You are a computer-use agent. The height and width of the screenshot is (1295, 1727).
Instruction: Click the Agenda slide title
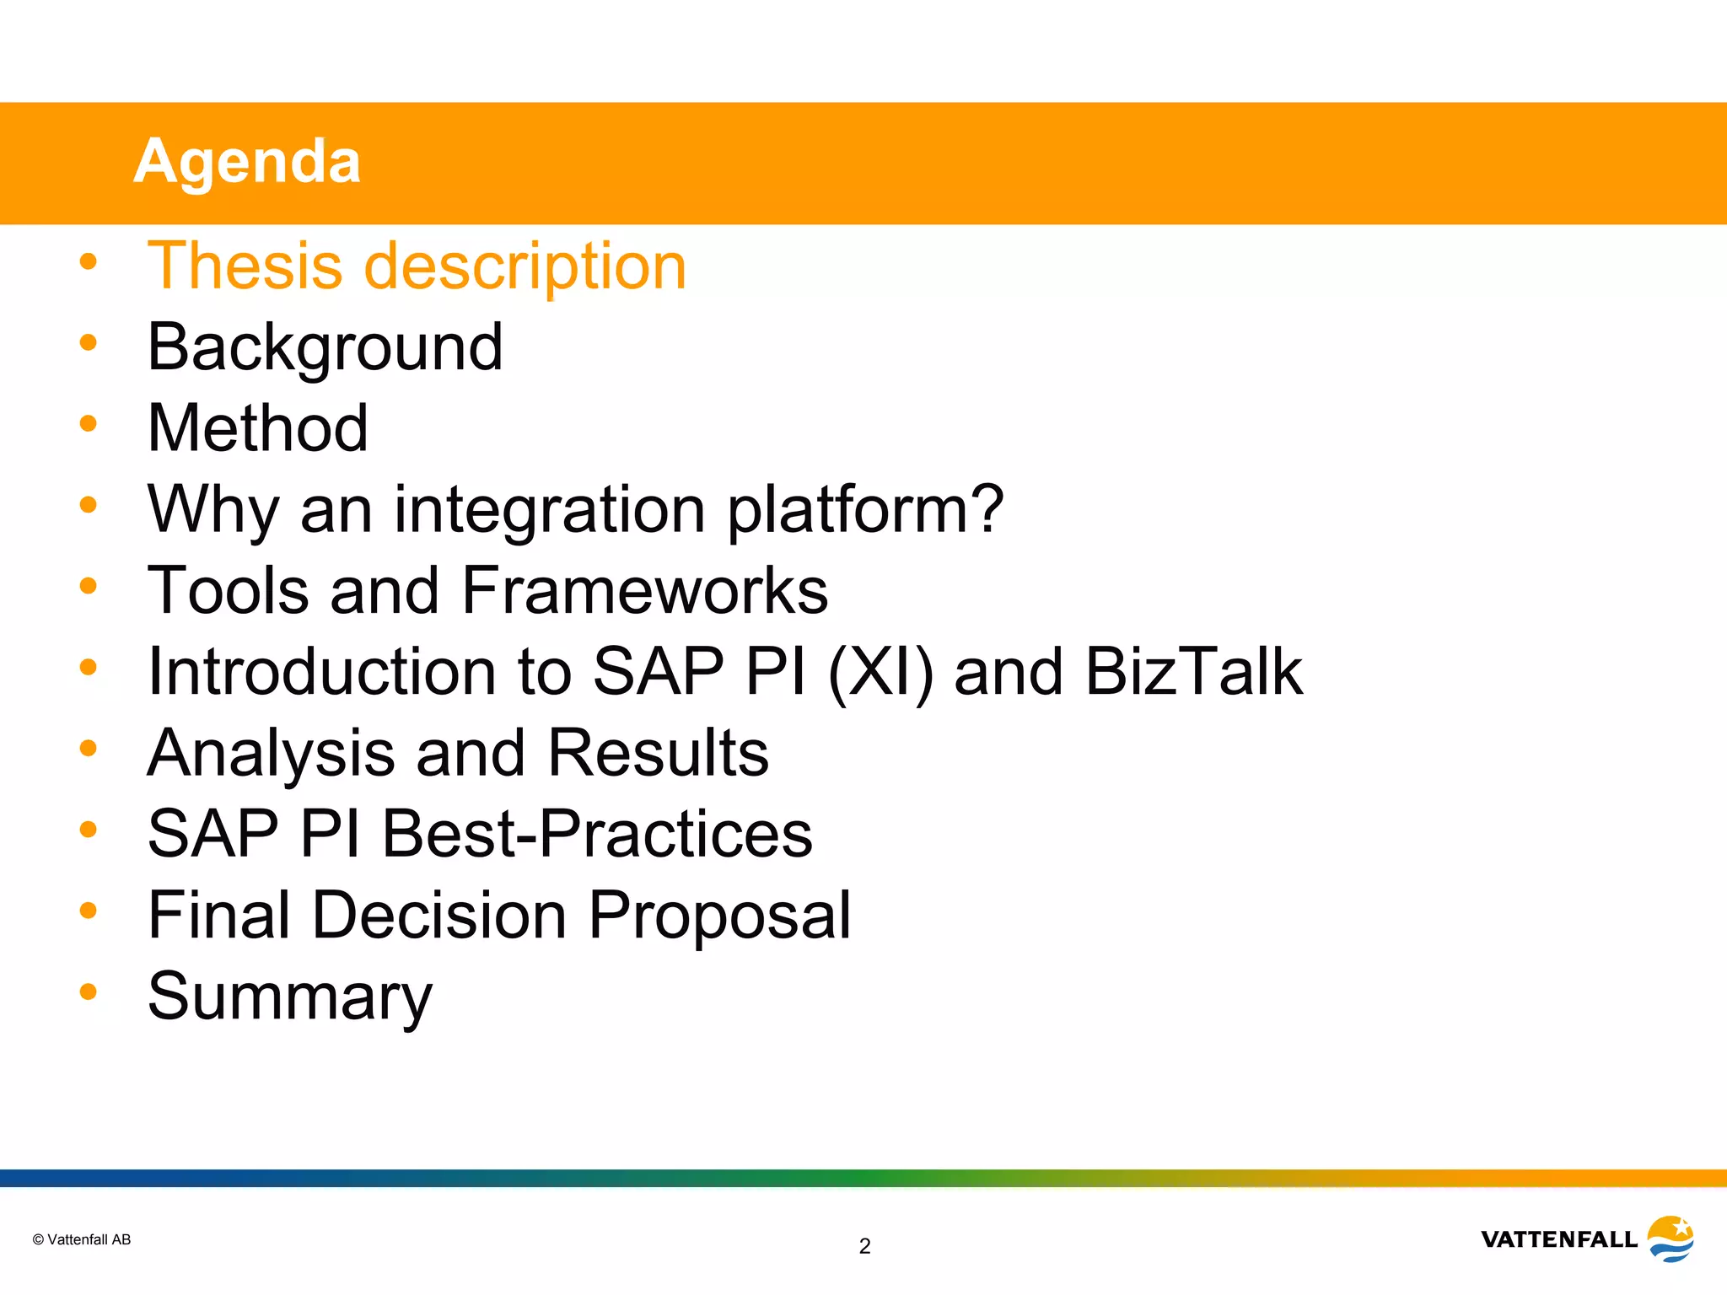pos(247,161)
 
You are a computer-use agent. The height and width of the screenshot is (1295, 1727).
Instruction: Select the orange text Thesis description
pos(417,266)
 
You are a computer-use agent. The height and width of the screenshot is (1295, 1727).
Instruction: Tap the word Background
pos(325,347)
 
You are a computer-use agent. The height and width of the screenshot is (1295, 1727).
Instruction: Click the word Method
pos(257,427)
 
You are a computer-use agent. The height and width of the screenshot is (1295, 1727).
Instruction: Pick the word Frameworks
pos(645,590)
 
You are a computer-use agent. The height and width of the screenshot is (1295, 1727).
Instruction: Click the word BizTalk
pos(1193,671)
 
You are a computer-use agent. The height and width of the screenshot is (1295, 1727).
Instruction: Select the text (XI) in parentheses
pos(880,672)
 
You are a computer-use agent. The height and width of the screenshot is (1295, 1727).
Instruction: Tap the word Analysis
pos(271,752)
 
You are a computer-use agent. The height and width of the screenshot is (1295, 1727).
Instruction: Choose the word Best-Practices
pos(597,834)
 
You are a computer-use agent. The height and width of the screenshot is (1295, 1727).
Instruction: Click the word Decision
pos(439,915)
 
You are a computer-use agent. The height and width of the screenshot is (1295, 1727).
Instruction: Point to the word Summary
pos(289,997)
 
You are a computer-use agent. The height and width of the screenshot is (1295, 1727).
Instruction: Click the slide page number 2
pos(864,1246)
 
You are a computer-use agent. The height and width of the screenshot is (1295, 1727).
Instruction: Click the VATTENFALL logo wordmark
pos(1558,1239)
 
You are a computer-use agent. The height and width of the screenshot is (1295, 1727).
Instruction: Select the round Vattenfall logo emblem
pos(1671,1238)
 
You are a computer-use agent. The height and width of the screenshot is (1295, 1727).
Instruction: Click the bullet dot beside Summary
pos(88,991)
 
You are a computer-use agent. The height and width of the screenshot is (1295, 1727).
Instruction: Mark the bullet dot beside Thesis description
pos(88,261)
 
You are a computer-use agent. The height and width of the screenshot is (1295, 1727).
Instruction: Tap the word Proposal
pos(719,915)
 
